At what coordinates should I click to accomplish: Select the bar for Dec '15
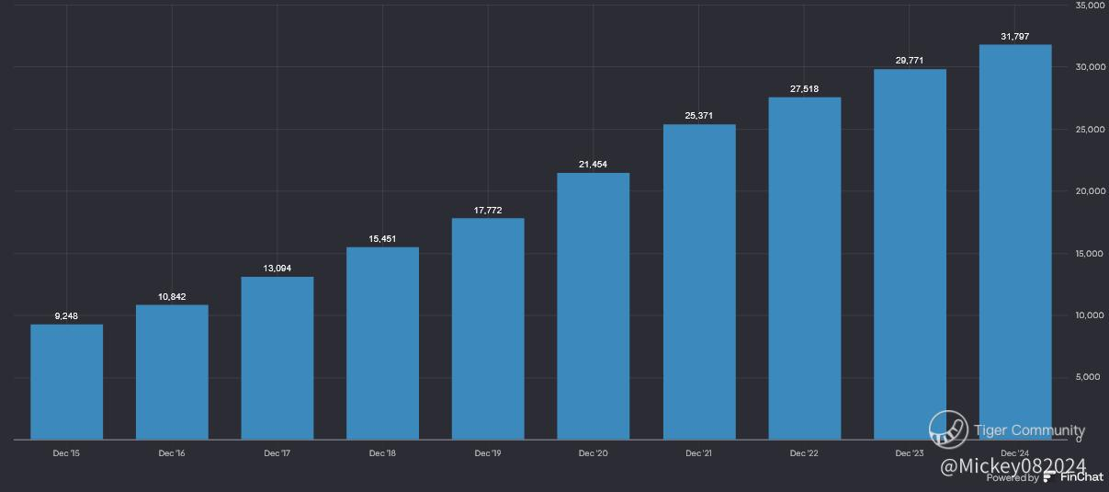(x=67, y=382)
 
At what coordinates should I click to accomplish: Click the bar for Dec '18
(x=383, y=343)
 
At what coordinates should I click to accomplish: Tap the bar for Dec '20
(x=594, y=305)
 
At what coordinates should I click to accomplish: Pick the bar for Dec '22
(x=805, y=268)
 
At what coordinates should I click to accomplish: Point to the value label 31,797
(x=1015, y=37)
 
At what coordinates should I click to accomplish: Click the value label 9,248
(x=66, y=316)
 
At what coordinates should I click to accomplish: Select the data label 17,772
(x=488, y=211)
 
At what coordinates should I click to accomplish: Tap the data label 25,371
(x=698, y=116)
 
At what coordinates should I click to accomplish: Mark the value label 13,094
(x=277, y=269)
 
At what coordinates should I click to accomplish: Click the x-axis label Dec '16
(x=172, y=453)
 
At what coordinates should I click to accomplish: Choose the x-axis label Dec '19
(x=488, y=453)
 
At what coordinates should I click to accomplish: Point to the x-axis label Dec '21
(x=698, y=453)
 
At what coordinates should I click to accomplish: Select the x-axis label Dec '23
(x=910, y=453)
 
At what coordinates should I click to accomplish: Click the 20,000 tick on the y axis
(x=1091, y=191)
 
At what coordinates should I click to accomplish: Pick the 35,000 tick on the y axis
(x=1091, y=6)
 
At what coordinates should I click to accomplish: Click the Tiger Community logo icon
(x=948, y=429)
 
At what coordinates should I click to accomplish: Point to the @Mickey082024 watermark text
(x=1013, y=466)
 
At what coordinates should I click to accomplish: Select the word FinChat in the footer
(x=1081, y=477)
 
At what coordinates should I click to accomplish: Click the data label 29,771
(x=910, y=61)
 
